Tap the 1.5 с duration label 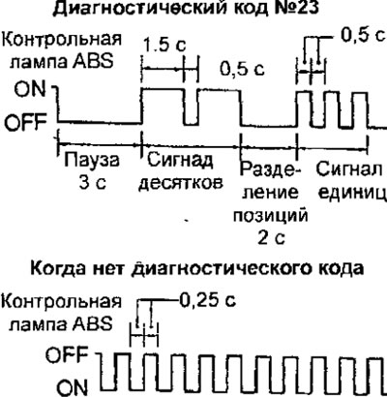point(164,45)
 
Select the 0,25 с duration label point(208,300)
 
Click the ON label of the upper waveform point(30,89)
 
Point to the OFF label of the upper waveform point(26,122)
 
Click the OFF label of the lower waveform point(67,355)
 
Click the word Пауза point(92,161)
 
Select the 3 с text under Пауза point(92,183)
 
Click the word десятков point(181,183)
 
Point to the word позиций point(270,215)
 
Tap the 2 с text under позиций point(272,238)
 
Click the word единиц point(352,193)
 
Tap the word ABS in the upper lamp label point(93,60)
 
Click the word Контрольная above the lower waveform point(62,301)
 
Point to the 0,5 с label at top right point(364,35)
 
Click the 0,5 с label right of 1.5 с point(243,69)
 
